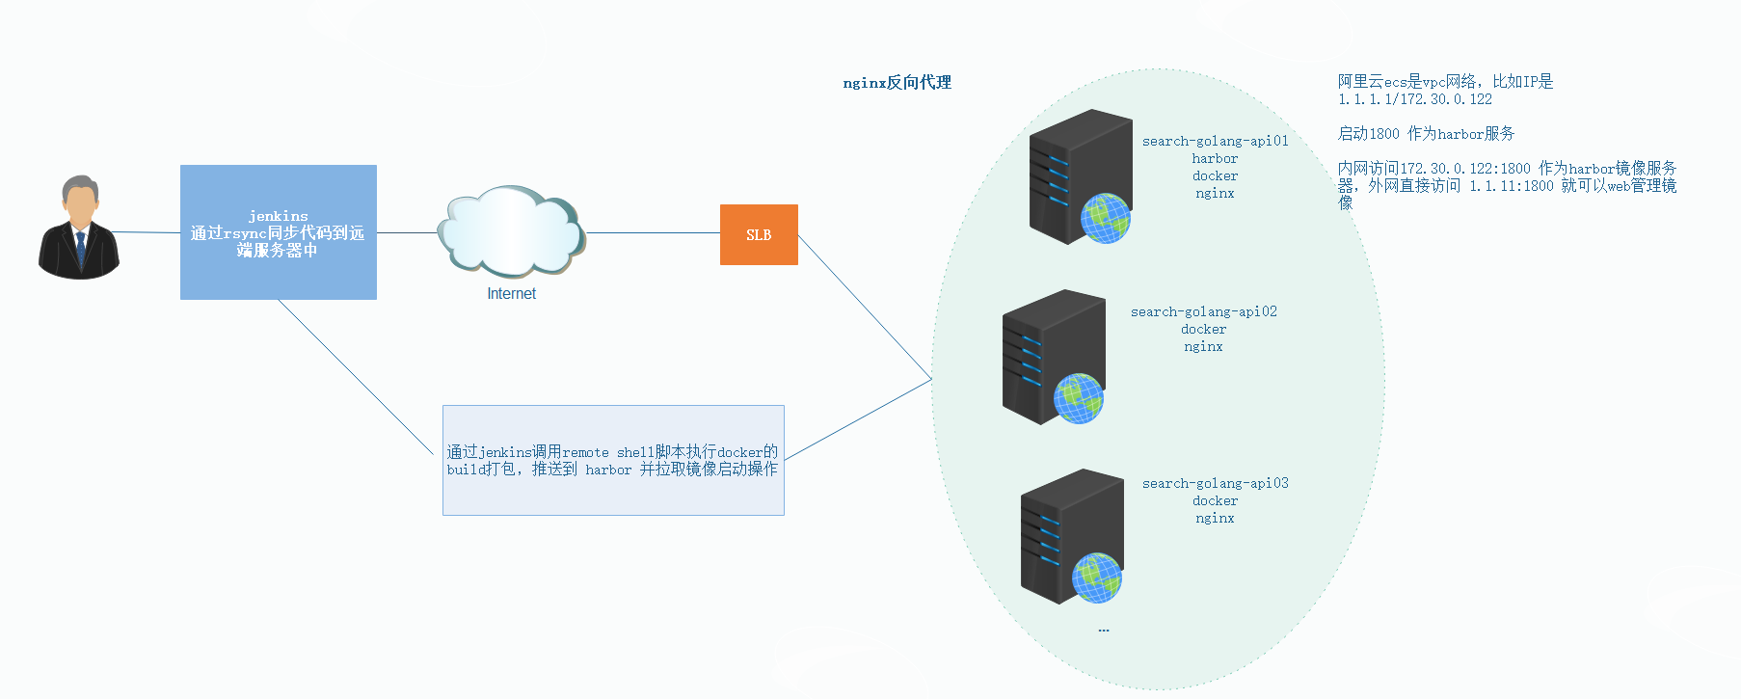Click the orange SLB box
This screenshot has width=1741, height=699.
[759, 234]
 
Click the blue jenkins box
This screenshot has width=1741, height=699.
[278, 232]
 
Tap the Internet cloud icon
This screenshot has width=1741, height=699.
[511, 231]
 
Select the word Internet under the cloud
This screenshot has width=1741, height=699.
[511, 294]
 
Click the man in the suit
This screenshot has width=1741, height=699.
[79, 229]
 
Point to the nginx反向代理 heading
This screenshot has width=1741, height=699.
[897, 83]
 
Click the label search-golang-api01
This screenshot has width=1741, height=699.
[1215, 141]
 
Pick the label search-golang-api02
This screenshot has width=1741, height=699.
[1203, 311]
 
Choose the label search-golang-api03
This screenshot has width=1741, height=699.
[1215, 483]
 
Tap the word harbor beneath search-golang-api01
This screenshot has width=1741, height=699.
[1215, 158]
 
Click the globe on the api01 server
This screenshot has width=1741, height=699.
[1105, 218]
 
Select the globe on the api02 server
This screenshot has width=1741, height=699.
[1078, 398]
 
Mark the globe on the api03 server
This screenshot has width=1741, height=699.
[1097, 578]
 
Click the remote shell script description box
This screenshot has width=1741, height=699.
[613, 460]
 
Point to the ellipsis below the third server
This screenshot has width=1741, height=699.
[1104, 630]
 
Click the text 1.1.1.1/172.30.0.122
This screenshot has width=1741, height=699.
[1414, 99]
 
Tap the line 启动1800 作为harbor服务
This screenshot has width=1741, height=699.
[1426, 134]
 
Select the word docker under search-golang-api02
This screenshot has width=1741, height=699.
[1203, 329]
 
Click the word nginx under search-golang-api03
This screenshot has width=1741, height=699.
[1215, 518]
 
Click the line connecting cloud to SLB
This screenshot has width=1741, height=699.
[653, 233]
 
